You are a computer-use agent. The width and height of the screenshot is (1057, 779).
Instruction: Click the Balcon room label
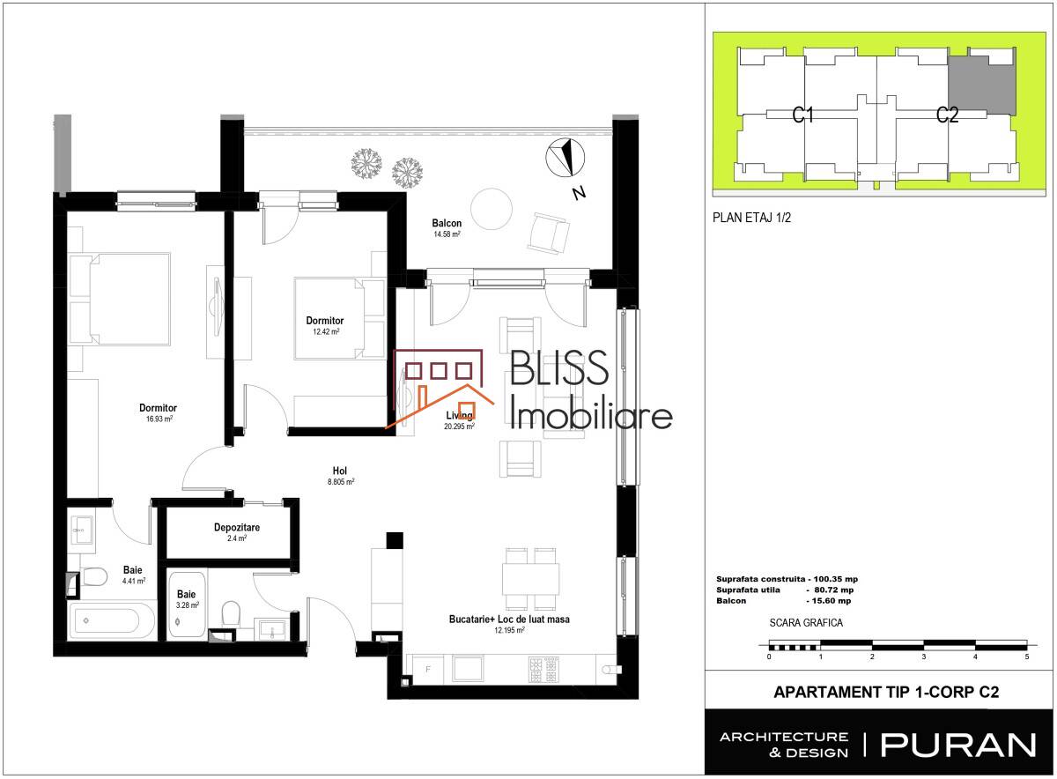(447, 223)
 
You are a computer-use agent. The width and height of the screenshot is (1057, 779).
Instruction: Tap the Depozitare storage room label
(237, 527)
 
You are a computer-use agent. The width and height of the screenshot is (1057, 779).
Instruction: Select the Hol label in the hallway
(340, 471)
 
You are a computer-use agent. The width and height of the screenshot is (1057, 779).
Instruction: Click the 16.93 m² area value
(159, 419)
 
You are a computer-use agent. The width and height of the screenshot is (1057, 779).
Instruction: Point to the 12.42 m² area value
(326, 331)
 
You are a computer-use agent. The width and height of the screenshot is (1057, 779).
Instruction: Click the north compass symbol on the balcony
(565, 158)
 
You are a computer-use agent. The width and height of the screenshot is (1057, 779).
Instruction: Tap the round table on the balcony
(492, 209)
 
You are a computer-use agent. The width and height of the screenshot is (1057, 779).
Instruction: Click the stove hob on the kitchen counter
(543, 669)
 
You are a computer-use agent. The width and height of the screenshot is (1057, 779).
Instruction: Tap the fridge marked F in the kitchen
(428, 669)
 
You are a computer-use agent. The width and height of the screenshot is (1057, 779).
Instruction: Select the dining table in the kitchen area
(530, 579)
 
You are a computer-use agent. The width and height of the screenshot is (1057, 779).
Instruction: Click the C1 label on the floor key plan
(802, 115)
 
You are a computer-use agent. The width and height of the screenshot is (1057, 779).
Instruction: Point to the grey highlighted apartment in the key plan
(982, 85)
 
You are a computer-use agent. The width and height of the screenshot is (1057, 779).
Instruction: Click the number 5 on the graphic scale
(1027, 657)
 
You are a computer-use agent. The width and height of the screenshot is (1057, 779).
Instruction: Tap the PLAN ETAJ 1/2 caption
(751, 218)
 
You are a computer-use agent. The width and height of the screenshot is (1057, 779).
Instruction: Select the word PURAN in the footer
(958, 746)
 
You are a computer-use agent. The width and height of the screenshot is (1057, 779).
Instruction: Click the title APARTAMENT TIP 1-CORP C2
(886, 692)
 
